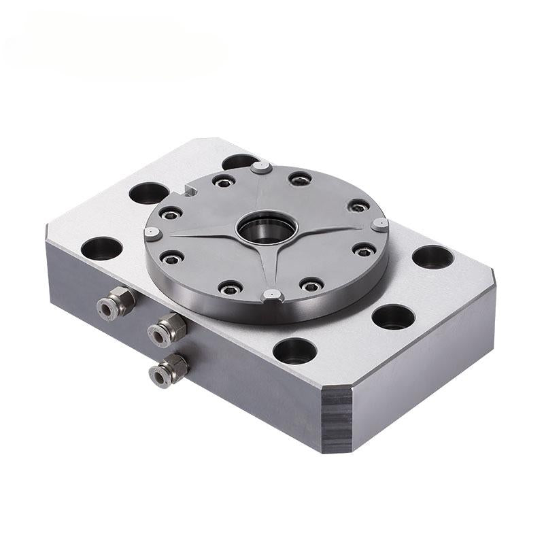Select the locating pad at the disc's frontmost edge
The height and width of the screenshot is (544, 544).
tap(273, 295)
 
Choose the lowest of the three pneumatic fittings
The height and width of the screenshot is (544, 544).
tap(167, 369)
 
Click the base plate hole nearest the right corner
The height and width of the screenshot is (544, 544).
tap(432, 257)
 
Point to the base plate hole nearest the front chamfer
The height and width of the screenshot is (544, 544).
tap(294, 351)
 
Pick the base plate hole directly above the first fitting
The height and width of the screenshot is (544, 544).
tap(101, 248)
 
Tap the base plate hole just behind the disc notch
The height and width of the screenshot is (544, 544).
tap(148, 193)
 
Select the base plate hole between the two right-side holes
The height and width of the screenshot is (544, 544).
tap(393, 316)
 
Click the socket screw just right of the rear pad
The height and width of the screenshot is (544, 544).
tap(299, 179)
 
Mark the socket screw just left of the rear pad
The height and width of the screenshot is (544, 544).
tap(223, 182)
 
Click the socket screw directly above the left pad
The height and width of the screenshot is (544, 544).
tap(170, 214)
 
